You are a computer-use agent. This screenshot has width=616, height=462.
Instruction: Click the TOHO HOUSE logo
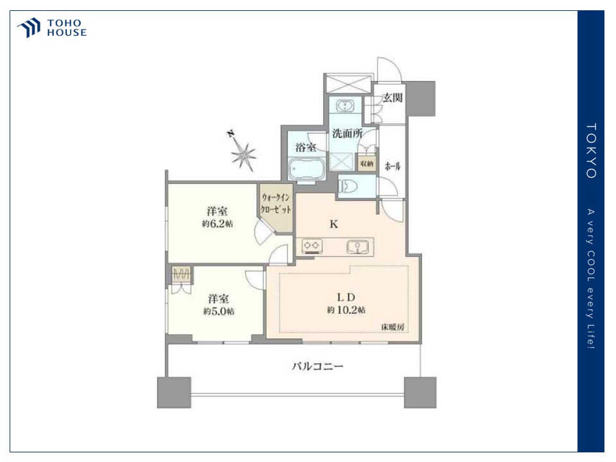(51, 28)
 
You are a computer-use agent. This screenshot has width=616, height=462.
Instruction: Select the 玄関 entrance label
(392, 97)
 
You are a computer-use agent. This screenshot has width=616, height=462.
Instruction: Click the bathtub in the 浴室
(307, 169)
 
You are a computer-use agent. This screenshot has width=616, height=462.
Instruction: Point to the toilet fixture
(348, 186)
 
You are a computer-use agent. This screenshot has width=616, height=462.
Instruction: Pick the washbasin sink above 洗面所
(345, 106)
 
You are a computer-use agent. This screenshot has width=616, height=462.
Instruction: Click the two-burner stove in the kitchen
(311, 246)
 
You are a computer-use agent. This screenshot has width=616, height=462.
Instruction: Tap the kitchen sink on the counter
(357, 247)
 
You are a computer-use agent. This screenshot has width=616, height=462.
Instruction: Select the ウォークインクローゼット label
(276, 203)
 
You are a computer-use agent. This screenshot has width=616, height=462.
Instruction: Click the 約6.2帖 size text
(218, 224)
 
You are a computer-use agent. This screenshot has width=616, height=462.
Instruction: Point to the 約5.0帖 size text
(219, 311)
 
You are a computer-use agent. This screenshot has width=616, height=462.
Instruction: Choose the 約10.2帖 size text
(346, 310)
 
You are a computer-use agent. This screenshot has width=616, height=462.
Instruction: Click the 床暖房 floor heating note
(393, 327)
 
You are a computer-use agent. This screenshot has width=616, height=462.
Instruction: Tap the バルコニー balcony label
(318, 366)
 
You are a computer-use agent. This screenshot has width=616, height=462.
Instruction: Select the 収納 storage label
(366, 164)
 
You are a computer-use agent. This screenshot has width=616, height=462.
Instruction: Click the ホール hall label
(393, 166)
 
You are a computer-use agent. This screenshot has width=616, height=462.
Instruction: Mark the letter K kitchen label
(334, 224)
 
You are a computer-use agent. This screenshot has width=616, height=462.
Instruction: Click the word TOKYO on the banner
(591, 151)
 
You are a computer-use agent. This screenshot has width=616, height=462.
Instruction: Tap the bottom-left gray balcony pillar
(174, 393)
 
